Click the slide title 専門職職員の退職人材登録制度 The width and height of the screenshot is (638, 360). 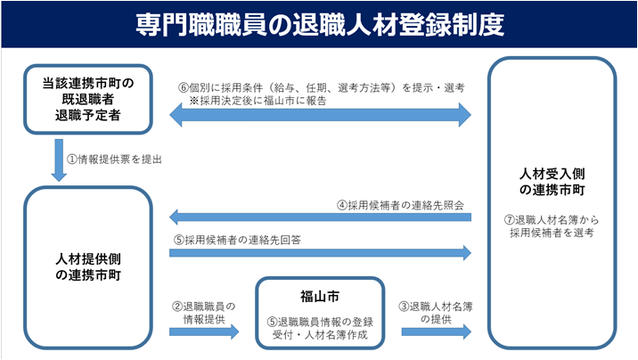[x=319, y=24]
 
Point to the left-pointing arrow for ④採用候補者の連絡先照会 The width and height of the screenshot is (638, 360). [x=320, y=217]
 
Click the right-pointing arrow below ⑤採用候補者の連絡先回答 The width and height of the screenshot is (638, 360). [x=320, y=253]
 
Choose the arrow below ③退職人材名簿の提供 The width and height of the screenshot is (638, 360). [x=436, y=331]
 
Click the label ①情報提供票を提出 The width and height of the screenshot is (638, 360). [x=111, y=160]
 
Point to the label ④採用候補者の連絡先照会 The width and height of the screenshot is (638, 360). [x=402, y=204]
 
